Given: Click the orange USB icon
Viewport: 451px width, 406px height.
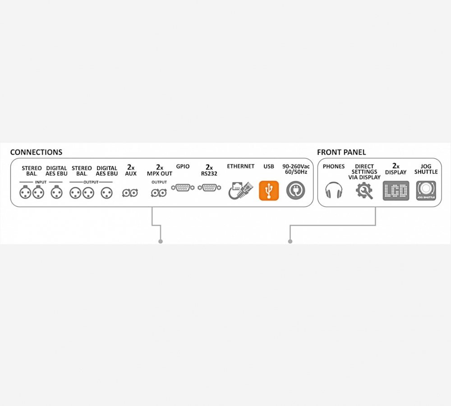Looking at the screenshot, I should pos(269,190).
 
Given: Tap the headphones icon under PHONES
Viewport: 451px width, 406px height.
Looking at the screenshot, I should pos(334,190).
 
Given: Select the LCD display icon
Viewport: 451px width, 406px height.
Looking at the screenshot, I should pos(396,190).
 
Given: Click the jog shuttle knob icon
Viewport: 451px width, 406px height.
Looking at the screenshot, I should pos(426,190).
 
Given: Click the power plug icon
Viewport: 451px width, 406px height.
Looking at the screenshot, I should pos(295,190).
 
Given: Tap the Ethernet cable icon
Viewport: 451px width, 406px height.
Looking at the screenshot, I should pos(240,190).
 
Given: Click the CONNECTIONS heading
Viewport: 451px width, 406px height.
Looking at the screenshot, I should pos(36,152).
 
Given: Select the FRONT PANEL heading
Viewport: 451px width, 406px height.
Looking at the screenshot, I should pos(341,152).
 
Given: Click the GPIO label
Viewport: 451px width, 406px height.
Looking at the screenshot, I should pos(183,166).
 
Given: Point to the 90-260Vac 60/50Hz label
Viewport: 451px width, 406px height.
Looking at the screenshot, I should pos(295,170).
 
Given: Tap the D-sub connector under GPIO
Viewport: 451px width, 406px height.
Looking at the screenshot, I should pos(183,187).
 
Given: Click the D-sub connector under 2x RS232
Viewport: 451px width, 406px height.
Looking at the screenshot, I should pos(209,187).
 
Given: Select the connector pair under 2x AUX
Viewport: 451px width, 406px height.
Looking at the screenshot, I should pos(130,193).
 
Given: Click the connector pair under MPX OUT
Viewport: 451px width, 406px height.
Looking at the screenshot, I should pos(159,193).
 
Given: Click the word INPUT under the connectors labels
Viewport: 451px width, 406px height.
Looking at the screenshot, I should pos(41,182).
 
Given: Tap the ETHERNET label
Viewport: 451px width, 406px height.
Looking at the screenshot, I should pos(240,166).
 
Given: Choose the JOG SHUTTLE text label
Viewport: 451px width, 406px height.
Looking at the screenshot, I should pos(426,169).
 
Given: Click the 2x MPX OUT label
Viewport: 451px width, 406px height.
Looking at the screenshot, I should pos(159,171).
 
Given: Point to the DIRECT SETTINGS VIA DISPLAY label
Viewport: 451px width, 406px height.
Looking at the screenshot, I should pos(364,172).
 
